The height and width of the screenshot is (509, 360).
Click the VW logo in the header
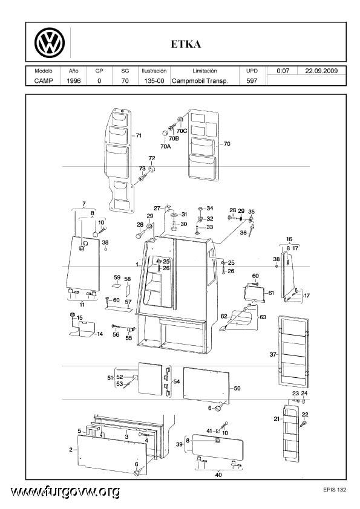[50, 43]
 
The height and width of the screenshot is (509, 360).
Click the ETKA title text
[186, 44]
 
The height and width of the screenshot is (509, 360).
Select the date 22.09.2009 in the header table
[321, 71]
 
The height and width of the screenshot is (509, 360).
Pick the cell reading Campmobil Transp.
[200, 81]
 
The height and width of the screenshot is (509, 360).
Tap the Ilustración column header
[154, 71]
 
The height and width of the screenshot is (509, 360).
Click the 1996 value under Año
[73, 81]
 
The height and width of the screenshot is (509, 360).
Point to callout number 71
[139, 135]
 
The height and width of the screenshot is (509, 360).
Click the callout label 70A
[165, 146]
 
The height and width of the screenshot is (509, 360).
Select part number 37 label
[273, 354]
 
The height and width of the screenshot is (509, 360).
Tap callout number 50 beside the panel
[237, 388]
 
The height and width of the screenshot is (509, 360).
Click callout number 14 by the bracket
[100, 334]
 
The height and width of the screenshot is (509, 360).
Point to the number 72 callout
[152, 158]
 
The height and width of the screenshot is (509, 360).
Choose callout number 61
[271, 293]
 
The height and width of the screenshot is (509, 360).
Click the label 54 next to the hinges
[177, 381]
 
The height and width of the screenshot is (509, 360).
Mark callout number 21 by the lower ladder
[277, 419]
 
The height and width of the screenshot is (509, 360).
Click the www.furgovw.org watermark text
[65, 492]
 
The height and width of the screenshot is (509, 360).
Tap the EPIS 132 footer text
[335, 490]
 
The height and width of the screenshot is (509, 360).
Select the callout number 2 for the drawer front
[71, 450]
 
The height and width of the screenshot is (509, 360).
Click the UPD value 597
[252, 81]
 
